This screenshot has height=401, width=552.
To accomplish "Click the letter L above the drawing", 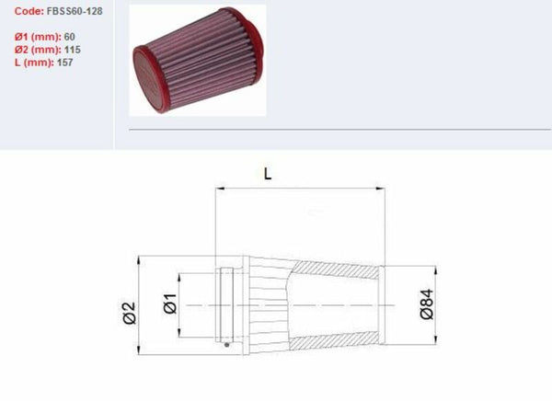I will [x=268, y=172].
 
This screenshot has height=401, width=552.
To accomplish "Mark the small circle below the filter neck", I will [x=228, y=346].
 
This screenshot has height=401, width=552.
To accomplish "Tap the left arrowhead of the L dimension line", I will [x=219, y=189].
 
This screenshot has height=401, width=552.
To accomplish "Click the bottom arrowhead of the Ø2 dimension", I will [x=139, y=352].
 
